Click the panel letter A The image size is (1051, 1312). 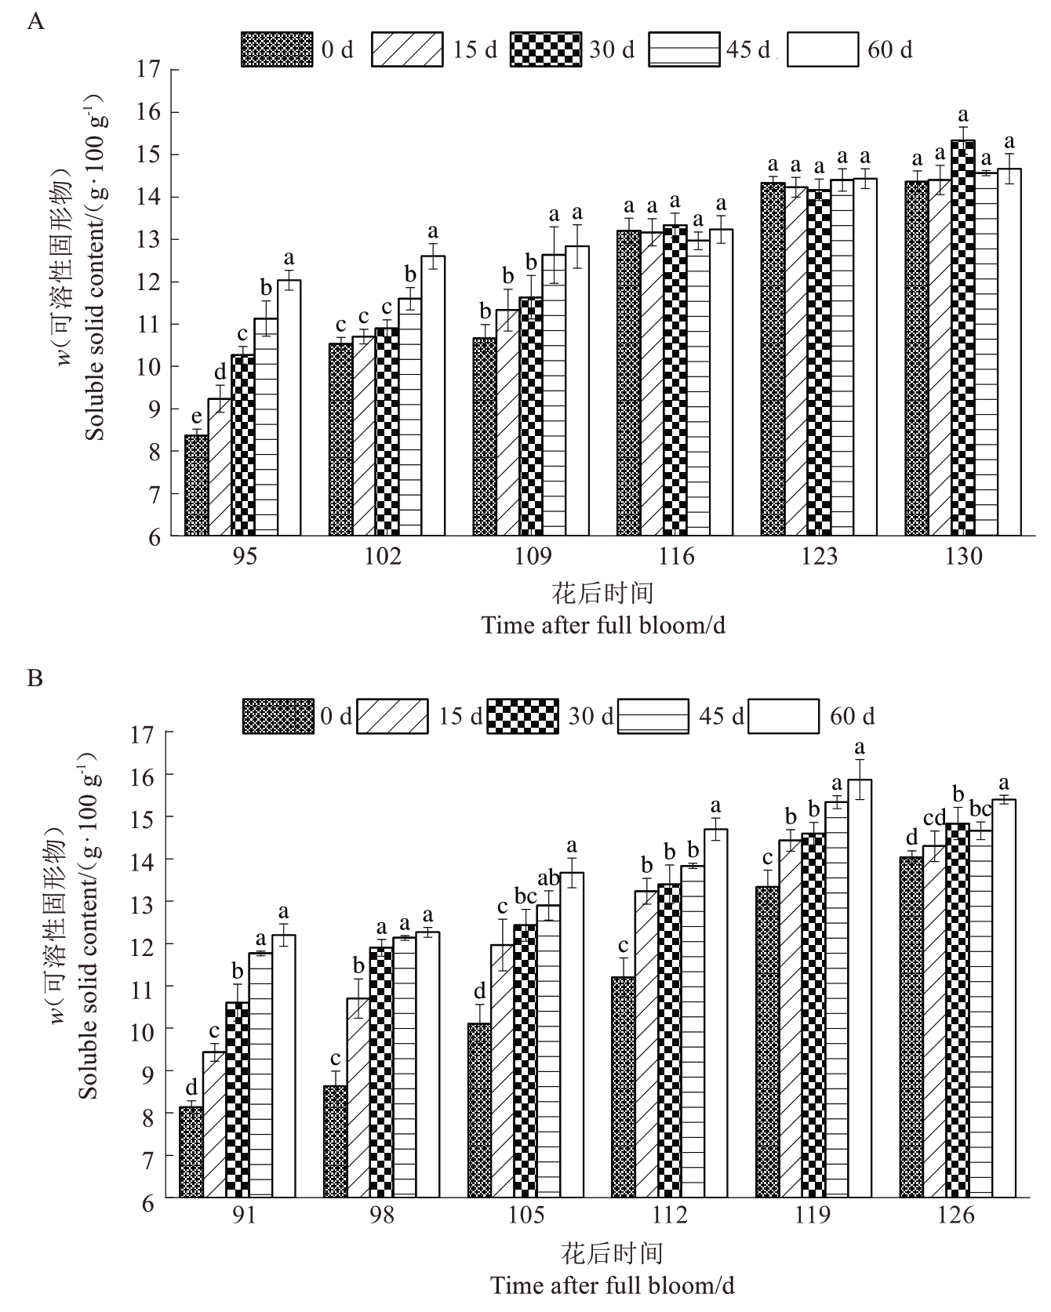point(35,21)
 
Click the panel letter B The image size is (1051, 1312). point(35,678)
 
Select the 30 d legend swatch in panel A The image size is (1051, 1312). point(546,49)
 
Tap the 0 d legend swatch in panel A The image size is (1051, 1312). point(277,49)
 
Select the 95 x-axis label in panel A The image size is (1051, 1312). point(244,556)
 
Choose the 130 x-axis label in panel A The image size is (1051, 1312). point(963,556)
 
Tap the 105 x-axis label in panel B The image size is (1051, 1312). point(525,1215)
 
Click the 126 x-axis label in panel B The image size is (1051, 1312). point(956,1215)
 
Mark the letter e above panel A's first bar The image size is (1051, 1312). point(196,416)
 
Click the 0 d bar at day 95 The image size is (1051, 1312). point(196,486)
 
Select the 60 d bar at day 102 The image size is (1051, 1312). point(433,396)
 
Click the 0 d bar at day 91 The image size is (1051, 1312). point(191,1152)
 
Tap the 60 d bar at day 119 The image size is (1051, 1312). point(860,988)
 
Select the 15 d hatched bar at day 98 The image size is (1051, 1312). point(358,1097)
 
